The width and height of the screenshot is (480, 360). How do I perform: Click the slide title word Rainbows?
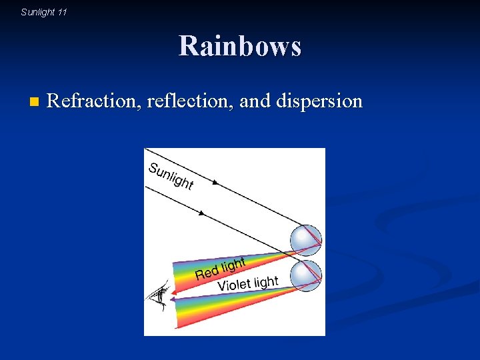(x=240, y=47)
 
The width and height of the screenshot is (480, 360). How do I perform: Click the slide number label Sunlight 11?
(x=44, y=12)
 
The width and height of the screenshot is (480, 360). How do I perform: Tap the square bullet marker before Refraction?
(x=34, y=102)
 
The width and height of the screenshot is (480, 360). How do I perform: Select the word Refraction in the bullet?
(x=91, y=101)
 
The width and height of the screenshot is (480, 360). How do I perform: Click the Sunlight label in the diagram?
(x=171, y=175)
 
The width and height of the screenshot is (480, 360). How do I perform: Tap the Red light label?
(x=220, y=268)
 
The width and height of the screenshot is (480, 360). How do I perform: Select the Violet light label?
(x=247, y=283)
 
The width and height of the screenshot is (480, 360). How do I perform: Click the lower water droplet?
(x=306, y=274)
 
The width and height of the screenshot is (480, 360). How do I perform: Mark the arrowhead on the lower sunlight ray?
(x=201, y=213)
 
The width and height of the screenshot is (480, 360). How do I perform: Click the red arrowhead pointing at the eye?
(x=167, y=291)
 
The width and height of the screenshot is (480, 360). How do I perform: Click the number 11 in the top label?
(x=62, y=12)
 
